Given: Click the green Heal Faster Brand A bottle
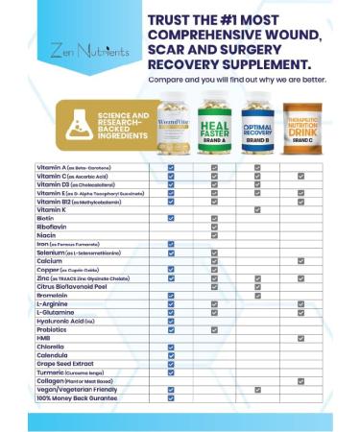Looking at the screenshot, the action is click(x=214, y=126).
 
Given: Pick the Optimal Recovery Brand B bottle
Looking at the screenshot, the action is click(x=257, y=125).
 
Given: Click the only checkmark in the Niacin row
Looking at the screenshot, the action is click(x=214, y=234).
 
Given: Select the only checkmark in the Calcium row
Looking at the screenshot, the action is click(x=300, y=260).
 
